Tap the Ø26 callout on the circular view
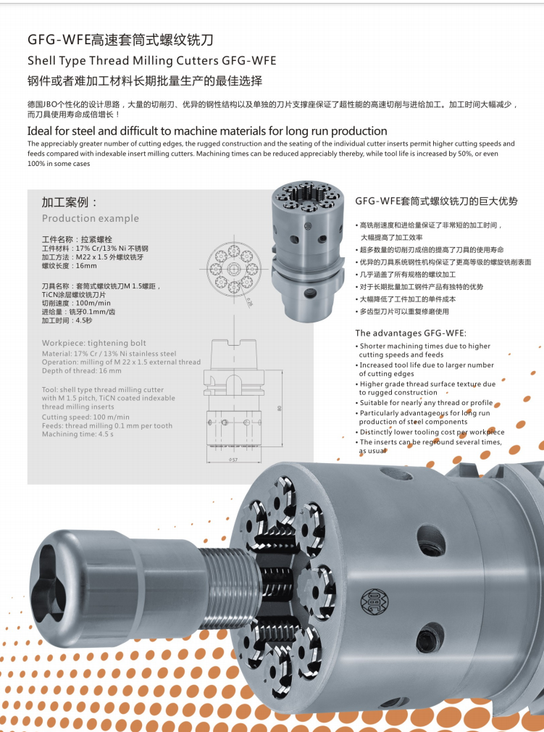click(248, 300)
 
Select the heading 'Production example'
click(90, 218)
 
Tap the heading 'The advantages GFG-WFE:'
click(411, 333)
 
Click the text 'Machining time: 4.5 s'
click(78, 434)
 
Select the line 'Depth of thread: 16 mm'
click(81, 370)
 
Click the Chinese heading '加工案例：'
click(70, 202)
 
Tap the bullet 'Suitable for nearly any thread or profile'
click(426, 403)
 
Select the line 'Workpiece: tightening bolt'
click(93, 343)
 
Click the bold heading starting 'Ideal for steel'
click(207, 131)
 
